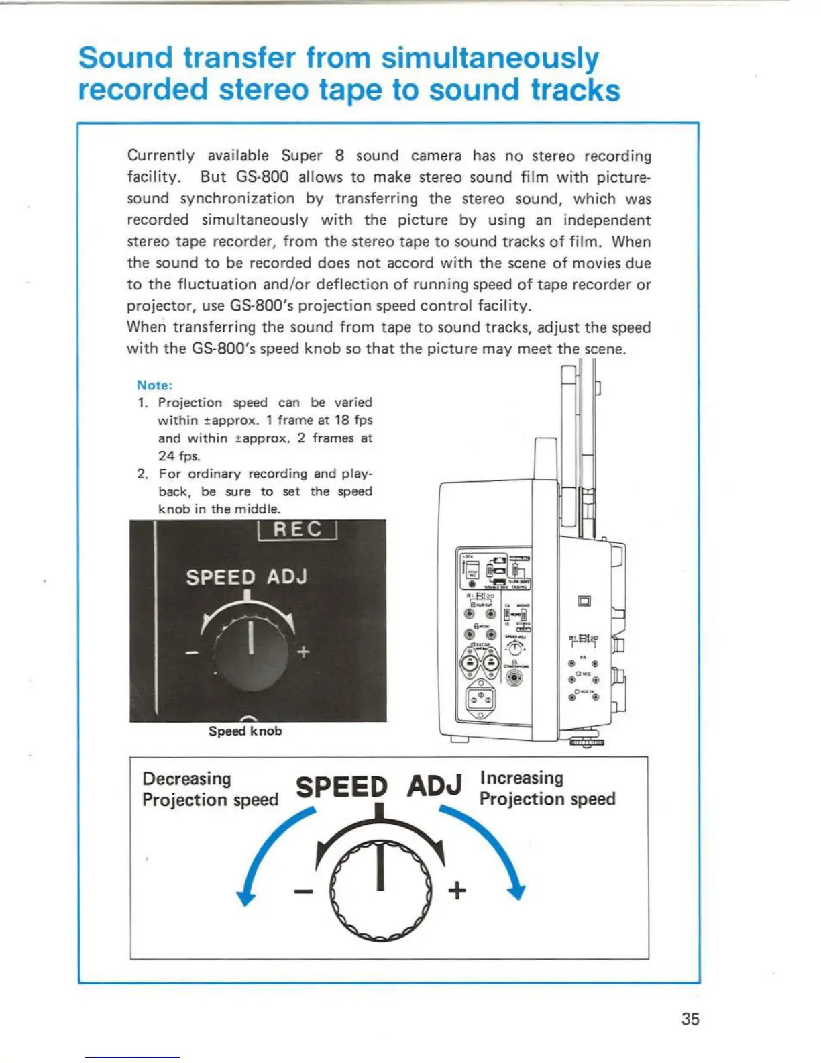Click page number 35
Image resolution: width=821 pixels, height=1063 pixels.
pyautogui.click(x=690, y=1019)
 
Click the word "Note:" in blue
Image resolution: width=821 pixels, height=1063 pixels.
pyautogui.click(x=154, y=385)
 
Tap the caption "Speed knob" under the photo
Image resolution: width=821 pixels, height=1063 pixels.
pyautogui.click(x=245, y=731)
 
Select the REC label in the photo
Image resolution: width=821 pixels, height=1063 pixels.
pyautogui.click(x=297, y=529)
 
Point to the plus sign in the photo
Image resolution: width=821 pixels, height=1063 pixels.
pyautogui.click(x=304, y=652)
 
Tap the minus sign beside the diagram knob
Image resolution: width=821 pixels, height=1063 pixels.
pyautogui.click(x=303, y=891)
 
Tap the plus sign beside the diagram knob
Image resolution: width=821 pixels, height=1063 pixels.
pyautogui.click(x=457, y=891)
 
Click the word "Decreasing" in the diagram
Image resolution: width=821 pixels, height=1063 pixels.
pyautogui.click(x=186, y=778)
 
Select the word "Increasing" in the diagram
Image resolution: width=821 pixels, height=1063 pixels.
pyautogui.click(x=521, y=778)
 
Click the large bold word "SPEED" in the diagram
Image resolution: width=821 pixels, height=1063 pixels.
pyautogui.click(x=341, y=787)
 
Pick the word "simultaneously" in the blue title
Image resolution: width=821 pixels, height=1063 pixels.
pyautogui.click(x=490, y=59)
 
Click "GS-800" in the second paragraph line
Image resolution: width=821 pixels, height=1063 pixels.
pyautogui.click(x=262, y=177)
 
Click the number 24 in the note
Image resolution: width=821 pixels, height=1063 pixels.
pyautogui.click(x=166, y=456)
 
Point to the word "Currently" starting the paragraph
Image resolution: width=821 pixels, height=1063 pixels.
pyautogui.click(x=161, y=156)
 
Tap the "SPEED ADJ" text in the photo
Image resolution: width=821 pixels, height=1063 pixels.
pyautogui.click(x=246, y=577)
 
